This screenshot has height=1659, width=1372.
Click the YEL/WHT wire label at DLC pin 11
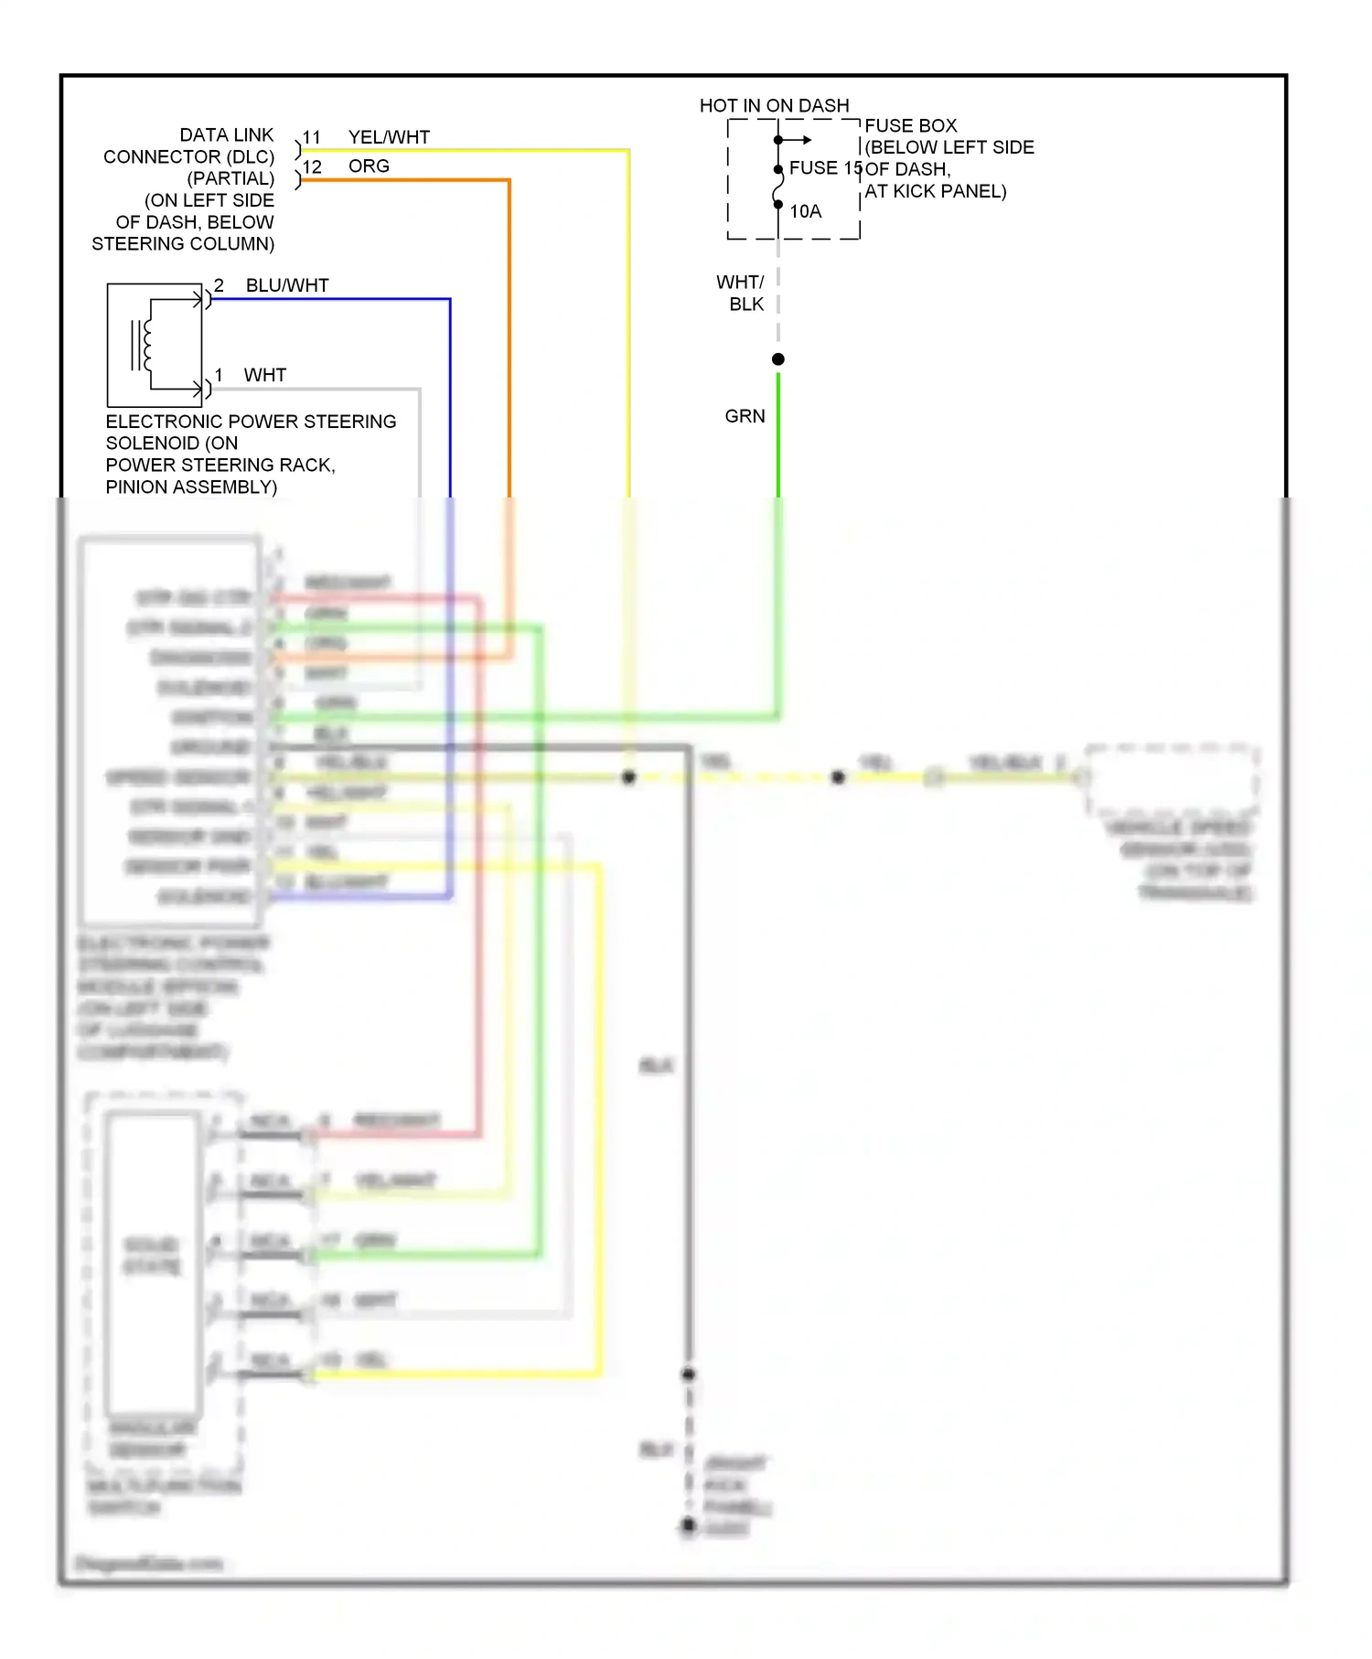tap(389, 137)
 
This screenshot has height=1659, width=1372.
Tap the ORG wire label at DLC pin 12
tap(369, 166)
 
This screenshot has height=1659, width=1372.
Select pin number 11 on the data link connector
tap(312, 138)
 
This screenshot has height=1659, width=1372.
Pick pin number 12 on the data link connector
tap(312, 167)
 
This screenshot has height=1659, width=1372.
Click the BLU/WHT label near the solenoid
tap(287, 285)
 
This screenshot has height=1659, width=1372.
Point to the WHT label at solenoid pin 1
tap(265, 375)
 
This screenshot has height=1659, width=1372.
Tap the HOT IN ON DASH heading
tap(774, 105)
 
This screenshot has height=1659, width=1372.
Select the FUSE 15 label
tap(825, 168)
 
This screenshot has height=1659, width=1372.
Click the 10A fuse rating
tap(806, 212)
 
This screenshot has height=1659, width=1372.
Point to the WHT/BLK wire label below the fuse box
tap(741, 293)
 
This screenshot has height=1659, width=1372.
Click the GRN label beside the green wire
tap(745, 417)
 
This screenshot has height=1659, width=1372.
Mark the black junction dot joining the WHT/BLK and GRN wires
tap(778, 359)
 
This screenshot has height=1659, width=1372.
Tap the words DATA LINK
tap(227, 135)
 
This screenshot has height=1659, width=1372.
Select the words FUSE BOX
tap(911, 126)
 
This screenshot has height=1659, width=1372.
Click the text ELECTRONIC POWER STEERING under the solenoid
tap(251, 422)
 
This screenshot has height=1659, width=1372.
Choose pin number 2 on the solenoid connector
tap(220, 285)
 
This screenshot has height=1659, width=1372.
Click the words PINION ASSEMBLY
tap(191, 487)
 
